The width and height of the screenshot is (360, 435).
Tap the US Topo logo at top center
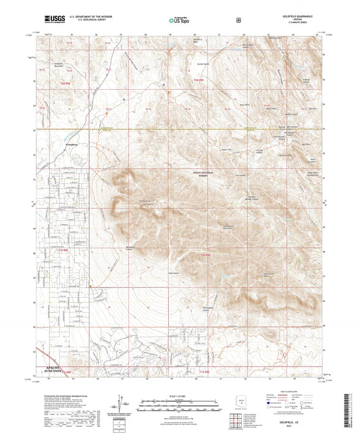179,20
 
